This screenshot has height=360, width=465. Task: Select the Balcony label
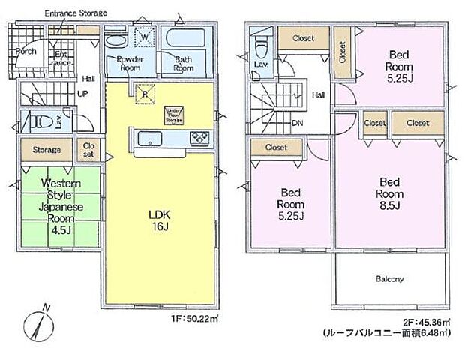pyautogui.click(x=389, y=279)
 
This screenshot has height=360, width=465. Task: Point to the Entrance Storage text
pyautogui.click(x=75, y=13)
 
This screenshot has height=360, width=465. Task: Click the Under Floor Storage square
pyautogui.click(x=175, y=115)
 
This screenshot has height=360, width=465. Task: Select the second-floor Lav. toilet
pyautogui.click(x=259, y=48)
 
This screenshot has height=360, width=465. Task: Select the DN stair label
pyautogui.click(x=297, y=123)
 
